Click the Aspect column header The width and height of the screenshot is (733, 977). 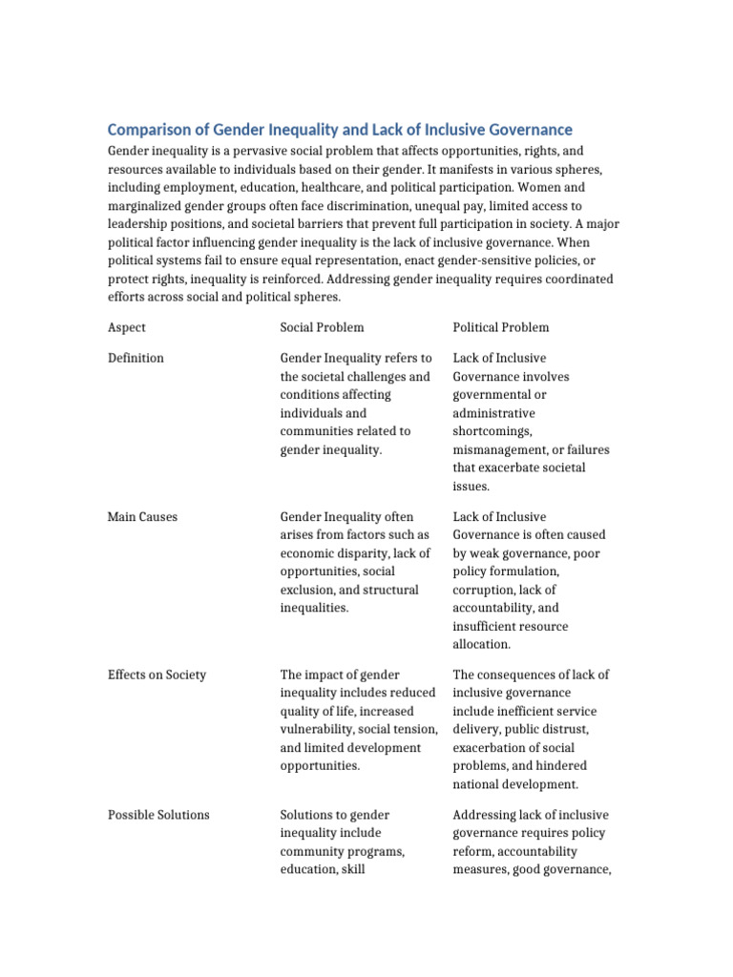tap(127, 327)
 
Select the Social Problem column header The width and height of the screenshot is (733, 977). tap(322, 327)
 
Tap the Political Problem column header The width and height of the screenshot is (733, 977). tap(501, 327)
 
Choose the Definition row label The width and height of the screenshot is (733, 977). tap(136, 358)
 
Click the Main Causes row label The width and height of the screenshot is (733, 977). tap(142, 517)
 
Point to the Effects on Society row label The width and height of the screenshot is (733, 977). tap(157, 675)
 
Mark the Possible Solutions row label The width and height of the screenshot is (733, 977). tap(158, 815)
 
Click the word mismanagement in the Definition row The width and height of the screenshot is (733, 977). tap(502, 449)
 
